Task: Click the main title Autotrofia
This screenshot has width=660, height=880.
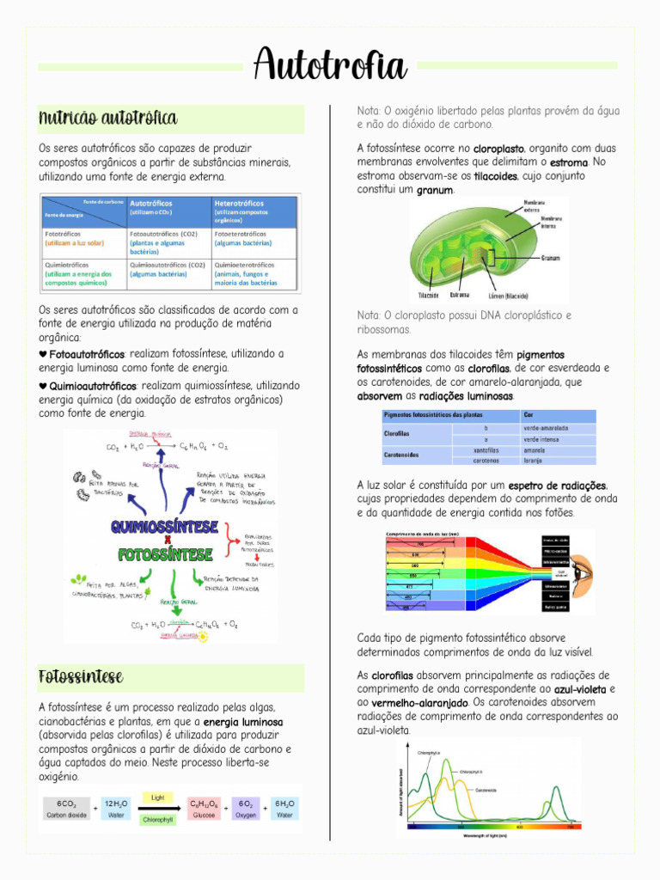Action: point(329,64)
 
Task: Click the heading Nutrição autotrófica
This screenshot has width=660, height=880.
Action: point(108,118)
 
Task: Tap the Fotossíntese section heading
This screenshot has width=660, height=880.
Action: point(81,677)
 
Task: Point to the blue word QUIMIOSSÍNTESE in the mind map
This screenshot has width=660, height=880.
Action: point(162,525)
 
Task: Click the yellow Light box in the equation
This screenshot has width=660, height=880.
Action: point(157,797)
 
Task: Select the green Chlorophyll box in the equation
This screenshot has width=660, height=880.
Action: point(158,820)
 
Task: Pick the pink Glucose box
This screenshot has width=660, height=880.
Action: point(204,809)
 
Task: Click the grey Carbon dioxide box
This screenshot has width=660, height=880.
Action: point(66,809)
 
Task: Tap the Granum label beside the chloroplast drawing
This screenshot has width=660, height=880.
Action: point(551,256)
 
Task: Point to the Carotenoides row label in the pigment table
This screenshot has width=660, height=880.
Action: point(401,455)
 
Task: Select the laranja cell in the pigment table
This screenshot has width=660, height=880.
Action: point(535,461)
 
